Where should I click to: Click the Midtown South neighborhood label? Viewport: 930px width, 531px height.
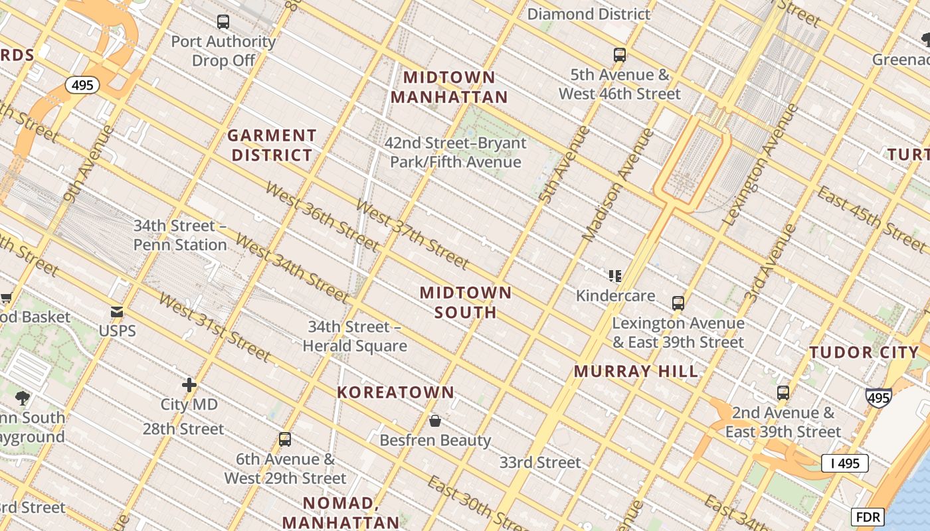(466, 303)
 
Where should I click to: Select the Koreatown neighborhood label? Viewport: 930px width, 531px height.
(395, 392)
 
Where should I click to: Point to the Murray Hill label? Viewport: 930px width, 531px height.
(636, 371)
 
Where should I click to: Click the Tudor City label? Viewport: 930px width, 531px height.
(864, 352)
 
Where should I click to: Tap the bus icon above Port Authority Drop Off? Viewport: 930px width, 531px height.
(223, 22)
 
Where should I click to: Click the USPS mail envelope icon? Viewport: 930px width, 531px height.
(117, 312)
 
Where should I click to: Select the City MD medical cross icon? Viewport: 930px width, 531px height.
(189, 385)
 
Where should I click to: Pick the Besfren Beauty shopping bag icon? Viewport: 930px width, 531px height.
(435, 421)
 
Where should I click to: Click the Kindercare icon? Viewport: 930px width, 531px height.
(615, 276)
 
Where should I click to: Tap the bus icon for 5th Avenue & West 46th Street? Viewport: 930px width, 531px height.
(620, 55)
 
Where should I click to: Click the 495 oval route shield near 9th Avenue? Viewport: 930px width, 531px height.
(82, 85)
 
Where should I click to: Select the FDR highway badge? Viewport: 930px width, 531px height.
(868, 516)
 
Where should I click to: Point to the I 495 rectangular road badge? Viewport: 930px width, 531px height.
(844, 463)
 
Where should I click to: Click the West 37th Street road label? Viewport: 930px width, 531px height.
(412, 234)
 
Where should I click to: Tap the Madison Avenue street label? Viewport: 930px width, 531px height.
(618, 185)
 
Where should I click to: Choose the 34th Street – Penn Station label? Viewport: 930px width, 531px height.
(180, 236)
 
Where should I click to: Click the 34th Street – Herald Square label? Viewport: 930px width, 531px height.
(355, 337)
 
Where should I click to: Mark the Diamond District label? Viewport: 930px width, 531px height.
(589, 14)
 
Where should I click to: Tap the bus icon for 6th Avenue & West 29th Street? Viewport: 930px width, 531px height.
(285, 439)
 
